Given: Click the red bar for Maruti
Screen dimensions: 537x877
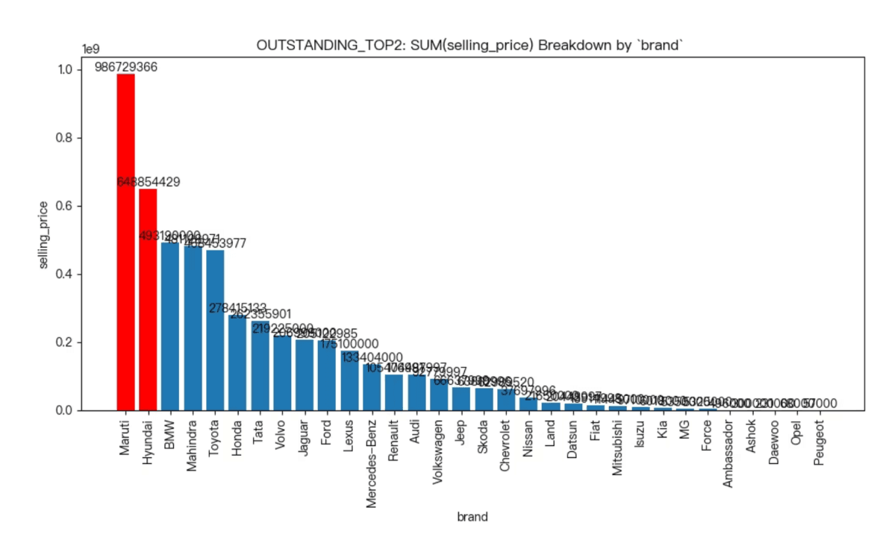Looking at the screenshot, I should coord(125,242).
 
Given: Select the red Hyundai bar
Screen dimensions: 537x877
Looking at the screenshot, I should coord(148,299).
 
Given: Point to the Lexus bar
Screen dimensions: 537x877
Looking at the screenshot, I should coord(349,380).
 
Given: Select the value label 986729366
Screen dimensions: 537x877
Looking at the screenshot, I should coord(125,67).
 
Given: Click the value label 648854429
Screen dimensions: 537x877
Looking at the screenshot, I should coord(148,182).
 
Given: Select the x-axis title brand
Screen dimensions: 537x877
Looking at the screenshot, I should coord(472,517).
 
